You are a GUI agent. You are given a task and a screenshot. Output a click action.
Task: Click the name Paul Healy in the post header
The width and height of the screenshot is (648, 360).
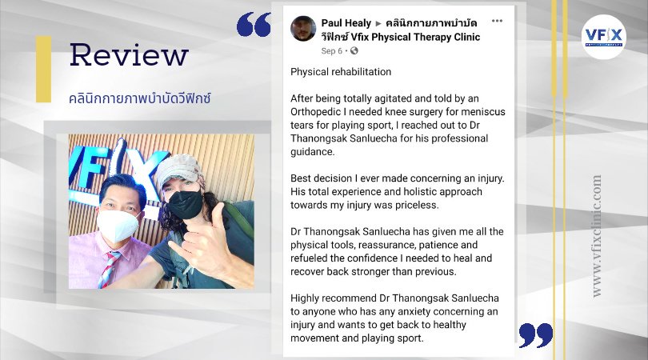(346, 23)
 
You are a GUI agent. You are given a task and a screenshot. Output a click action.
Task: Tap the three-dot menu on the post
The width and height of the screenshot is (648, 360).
(497, 21)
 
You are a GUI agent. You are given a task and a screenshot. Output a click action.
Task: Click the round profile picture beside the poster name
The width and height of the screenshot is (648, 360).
(303, 29)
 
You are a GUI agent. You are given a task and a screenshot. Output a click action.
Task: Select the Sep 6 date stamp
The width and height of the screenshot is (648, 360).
(331, 51)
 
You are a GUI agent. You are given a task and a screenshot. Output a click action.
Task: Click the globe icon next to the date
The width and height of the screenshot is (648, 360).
(354, 51)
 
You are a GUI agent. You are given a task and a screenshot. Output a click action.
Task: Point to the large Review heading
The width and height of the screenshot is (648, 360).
(129, 54)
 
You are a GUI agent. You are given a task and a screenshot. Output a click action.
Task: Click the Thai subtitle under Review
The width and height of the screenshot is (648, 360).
(140, 98)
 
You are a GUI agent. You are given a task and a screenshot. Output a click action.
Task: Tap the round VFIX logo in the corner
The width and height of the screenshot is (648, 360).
(604, 36)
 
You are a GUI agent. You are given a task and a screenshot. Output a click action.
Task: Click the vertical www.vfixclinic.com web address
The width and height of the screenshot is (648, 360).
(596, 236)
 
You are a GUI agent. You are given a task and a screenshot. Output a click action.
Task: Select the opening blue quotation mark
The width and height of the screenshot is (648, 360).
(254, 24)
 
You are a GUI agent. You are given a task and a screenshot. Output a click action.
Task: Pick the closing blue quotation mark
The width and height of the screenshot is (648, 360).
(535, 335)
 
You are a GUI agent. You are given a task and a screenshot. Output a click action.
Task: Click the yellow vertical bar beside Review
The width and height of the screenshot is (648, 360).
(43, 69)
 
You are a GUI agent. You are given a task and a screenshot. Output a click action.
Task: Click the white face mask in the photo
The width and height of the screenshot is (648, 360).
(118, 226)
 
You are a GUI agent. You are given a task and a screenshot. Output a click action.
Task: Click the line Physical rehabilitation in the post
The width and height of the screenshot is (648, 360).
(341, 72)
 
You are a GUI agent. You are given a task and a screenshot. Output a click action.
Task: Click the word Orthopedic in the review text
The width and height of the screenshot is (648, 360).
(315, 112)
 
